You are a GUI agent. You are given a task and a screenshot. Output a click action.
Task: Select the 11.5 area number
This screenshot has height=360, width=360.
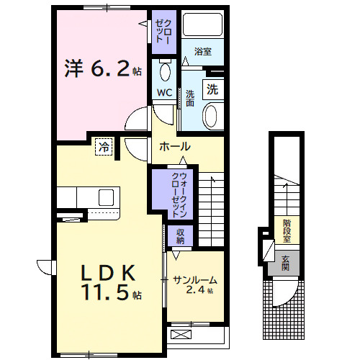(x=105, y=293)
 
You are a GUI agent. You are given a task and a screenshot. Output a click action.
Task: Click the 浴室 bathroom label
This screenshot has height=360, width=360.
(x=202, y=52)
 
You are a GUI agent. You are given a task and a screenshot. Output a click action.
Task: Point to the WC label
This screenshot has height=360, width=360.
(x=163, y=92)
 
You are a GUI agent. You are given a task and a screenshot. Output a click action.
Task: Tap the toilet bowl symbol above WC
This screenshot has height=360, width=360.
(x=165, y=71)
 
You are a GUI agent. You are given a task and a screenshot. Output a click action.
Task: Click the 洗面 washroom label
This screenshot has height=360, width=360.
(x=190, y=98)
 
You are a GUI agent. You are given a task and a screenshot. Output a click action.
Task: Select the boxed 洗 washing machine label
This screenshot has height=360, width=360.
(x=212, y=90)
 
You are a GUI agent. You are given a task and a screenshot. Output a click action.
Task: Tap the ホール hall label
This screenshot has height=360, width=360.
(x=174, y=146)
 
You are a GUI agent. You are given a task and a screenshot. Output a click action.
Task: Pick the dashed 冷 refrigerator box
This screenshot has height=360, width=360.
(x=105, y=147)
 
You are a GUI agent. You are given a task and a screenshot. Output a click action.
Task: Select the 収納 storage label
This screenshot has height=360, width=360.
(x=180, y=236)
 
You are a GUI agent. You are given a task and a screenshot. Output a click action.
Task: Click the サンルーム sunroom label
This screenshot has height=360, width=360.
(x=194, y=280)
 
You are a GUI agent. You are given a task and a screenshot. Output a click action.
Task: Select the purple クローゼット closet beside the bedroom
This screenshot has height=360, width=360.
(x=161, y=28)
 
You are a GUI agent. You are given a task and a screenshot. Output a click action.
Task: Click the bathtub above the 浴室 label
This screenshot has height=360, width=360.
(x=202, y=24)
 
